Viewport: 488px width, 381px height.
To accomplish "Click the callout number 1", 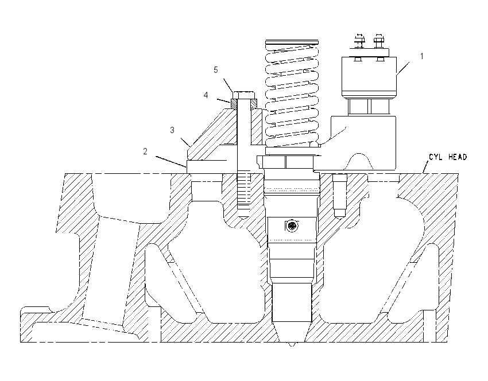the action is click(422, 56).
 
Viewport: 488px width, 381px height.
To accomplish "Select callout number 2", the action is click(145, 151).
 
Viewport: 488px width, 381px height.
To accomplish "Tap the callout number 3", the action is click(172, 130).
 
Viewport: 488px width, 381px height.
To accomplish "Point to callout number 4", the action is click(206, 95).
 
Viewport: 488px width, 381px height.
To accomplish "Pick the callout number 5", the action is click(216, 70).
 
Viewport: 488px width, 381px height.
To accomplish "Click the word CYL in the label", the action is click(436, 157).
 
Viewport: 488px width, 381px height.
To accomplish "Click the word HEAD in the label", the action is click(458, 157).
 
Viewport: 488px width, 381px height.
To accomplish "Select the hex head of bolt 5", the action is click(243, 95).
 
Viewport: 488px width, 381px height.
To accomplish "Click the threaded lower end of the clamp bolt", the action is click(243, 190).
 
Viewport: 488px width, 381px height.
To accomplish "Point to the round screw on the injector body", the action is click(292, 226).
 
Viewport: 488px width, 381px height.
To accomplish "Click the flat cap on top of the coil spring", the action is click(292, 42).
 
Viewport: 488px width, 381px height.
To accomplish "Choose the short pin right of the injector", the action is click(339, 195).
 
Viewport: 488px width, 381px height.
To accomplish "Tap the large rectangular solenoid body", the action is click(369, 76).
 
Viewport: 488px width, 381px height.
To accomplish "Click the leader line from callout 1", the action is click(402, 68).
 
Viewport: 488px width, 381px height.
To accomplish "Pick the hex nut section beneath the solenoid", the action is click(369, 107).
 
